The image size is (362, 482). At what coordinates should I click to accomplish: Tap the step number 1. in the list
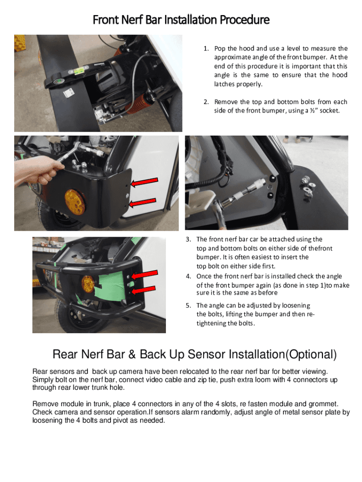coord(206,48)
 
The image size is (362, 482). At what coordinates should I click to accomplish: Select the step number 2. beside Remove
coord(206,102)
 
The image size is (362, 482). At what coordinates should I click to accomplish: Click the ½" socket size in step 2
coord(314,111)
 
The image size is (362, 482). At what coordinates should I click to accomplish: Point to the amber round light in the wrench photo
coord(75,201)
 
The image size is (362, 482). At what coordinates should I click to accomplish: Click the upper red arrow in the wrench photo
coord(144,182)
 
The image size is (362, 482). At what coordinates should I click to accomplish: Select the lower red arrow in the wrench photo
coord(142,203)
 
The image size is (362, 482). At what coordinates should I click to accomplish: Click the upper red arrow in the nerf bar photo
coord(144,274)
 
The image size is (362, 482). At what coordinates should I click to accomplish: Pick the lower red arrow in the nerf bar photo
coord(143,290)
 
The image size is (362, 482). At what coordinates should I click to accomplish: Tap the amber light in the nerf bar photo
coord(88,284)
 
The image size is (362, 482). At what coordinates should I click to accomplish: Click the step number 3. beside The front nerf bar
coord(188,240)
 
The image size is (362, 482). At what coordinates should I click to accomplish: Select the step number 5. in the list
coord(188,305)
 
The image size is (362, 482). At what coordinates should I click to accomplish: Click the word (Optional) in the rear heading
coord(311,354)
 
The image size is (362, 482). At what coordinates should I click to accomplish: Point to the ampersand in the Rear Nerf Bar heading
coord(132,354)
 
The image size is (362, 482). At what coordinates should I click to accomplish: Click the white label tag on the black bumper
coord(69,93)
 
